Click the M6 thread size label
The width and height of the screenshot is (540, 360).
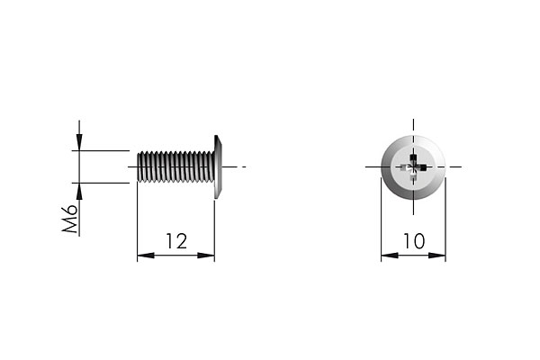(69, 219)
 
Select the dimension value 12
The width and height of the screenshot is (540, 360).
(176, 241)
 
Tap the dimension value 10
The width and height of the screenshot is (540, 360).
(414, 241)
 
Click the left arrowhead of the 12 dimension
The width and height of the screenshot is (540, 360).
(146, 256)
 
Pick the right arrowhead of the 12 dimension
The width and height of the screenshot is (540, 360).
(206, 256)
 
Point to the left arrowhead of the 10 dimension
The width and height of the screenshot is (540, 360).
(390, 256)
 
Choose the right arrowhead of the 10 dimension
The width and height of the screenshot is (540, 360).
(436, 256)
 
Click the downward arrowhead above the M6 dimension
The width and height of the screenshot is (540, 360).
(79, 142)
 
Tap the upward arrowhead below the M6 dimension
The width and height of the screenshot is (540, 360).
(79, 191)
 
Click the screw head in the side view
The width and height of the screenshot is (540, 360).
(218, 166)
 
